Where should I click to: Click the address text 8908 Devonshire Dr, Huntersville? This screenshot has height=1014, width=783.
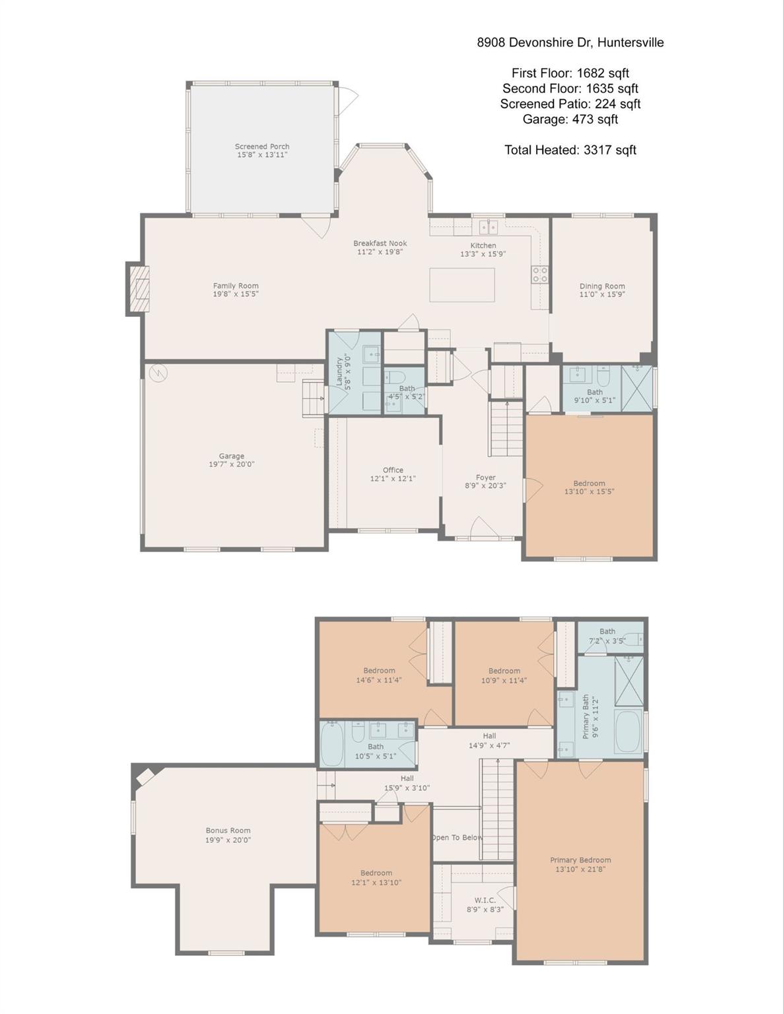pyautogui.click(x=570, y=43)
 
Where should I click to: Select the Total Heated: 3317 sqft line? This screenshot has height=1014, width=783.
pyautogui.click(x=570, y=150)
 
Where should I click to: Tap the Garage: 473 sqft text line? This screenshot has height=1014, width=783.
pyautogui.click(x=570, y=119)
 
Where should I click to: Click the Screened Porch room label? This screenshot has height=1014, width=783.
pyautogui.click(x=262, y=147)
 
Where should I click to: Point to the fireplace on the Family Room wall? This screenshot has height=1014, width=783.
pyautogui.click(x=138, y=288)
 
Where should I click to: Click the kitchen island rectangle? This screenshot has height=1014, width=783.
pyautogui.click(x=461, y=285)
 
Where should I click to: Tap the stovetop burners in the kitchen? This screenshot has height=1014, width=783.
pyautogui.click(x=539, y=274)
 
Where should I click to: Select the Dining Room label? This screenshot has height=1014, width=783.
pyautogui.click(x=602, y=287)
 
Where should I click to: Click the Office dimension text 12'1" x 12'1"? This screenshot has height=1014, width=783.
pyautogui.click(x=393, y=479)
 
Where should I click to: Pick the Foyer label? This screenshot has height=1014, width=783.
pyautogui.click(x=485, y=477)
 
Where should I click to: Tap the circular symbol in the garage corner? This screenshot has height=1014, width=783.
pyautogui.click(x=158, y=373)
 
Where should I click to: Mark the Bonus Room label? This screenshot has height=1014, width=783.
pyautogui.click(x=228, y=830)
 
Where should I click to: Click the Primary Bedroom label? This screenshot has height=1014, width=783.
pyautogui.click(x=580, y=860)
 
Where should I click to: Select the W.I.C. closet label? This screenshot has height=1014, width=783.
pyautogui.click(x=485, y=900)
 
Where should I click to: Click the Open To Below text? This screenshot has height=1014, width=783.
pyautogui.click(x=457, y=837)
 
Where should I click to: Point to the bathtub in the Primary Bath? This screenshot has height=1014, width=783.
pyautogui.click(x=628, y=731)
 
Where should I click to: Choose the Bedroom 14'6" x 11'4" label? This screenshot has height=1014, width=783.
pyautogui.click(x=379, y=671)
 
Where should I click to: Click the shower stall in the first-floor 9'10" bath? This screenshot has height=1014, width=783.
pyautogui.click(x=636, y=388)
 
